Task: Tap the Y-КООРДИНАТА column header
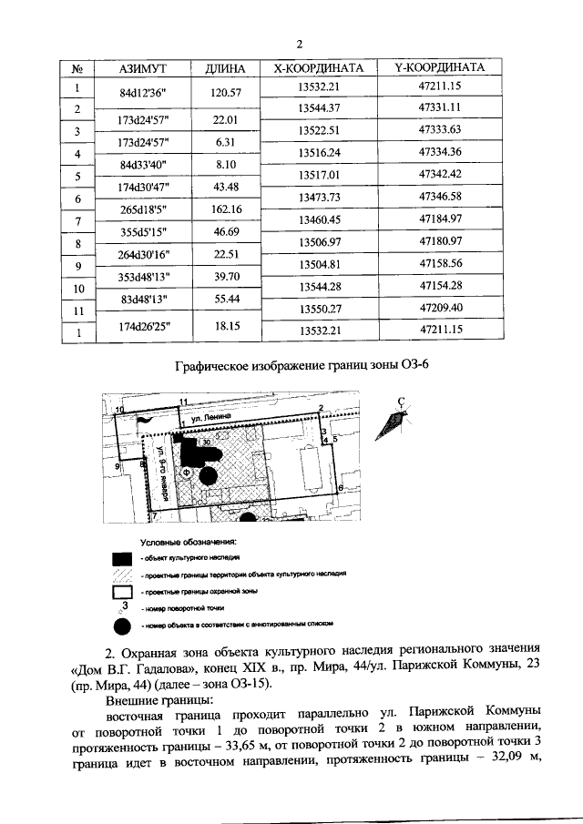441,69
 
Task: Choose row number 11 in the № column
77,311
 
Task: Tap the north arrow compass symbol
398,418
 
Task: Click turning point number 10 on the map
119,410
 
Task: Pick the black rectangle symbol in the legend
122,557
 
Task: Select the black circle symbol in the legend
122,626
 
